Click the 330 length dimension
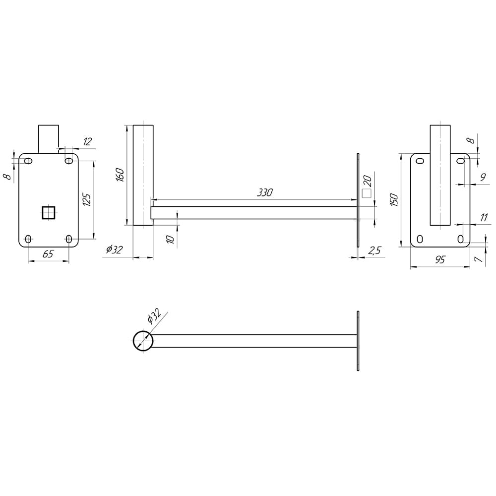(x=264, y=192)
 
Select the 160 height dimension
(x=120, y=175)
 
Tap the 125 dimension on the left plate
(x=87, y=199)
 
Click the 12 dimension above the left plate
(x=87, y=141)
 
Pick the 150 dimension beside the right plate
(x=394, y=200)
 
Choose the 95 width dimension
(x=440, y=260)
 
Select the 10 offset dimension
(x=170, y=239)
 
